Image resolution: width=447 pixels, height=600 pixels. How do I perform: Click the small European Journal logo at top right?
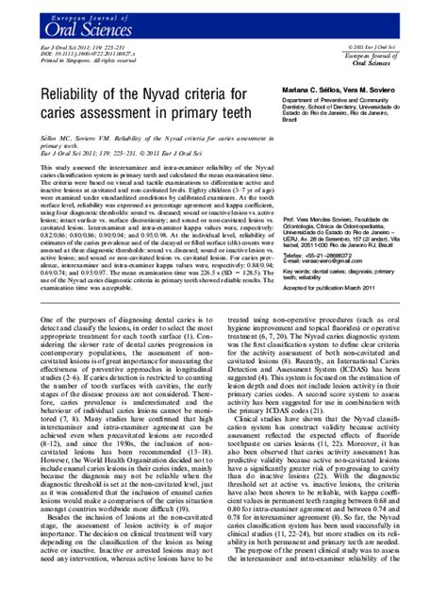pyautogui.click(x=393, y=59)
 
